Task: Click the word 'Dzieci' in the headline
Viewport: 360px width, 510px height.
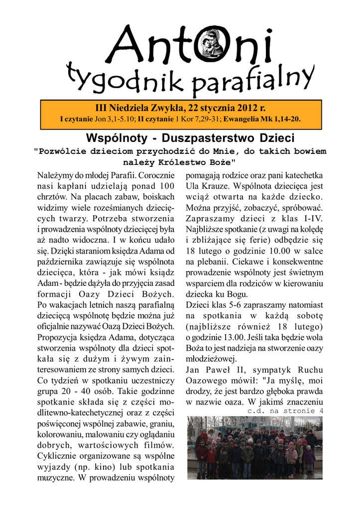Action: click(x=274, y=137)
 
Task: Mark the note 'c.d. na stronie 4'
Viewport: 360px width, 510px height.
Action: click(x=285, y=411)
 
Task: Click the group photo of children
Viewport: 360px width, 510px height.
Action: click(x=254, y=447)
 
